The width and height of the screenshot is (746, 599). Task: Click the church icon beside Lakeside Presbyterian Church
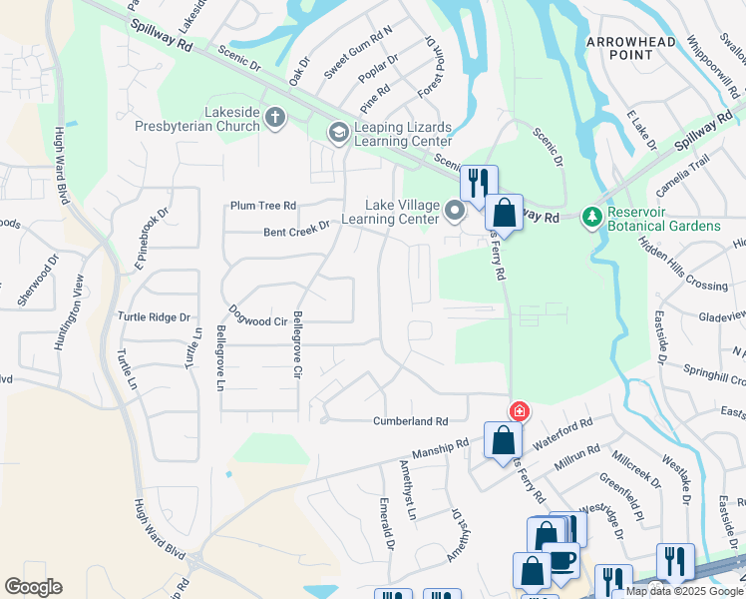[x=275, y=119]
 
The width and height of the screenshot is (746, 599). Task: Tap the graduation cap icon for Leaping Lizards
[x=339, y=132]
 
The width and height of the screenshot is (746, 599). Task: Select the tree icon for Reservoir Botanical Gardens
[x=592, y=217]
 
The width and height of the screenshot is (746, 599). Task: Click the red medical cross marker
[x=519, y=410]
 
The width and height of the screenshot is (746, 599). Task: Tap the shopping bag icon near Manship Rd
[x=503, y=440]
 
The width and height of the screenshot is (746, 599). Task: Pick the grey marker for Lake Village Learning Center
[x=455, y=210]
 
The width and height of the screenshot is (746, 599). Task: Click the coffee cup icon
[x=561, y=560]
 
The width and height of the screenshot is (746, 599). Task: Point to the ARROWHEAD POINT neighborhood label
[x=630, y=49]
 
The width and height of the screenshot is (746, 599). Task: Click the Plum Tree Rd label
[x=263, y=205]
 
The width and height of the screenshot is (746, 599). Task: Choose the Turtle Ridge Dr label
[x=154, y=316]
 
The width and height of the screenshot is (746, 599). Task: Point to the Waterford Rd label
[x=562, y=434]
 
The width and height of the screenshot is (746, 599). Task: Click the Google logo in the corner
[x=33, y=587]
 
